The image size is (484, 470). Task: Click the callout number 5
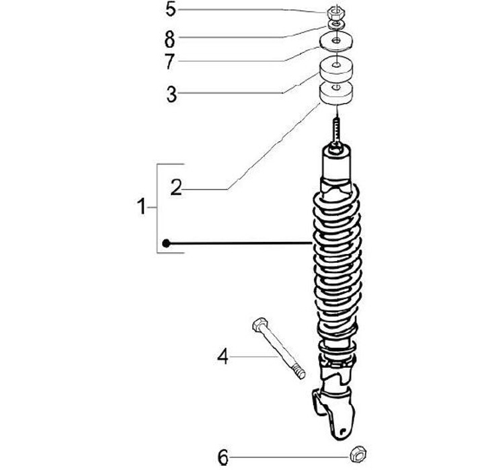pos(171,9)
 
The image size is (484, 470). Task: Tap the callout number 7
pos(171,61)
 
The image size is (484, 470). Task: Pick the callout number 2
pos(175,188)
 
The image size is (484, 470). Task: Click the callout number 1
pos(142,208)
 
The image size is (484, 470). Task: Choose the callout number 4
pos(223,356)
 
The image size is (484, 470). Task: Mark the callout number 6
pos(223,458)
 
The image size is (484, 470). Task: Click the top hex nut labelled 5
pos(334,11)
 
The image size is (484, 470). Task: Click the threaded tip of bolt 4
pos(299,372)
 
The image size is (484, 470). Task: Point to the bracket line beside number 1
pos(159,208)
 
